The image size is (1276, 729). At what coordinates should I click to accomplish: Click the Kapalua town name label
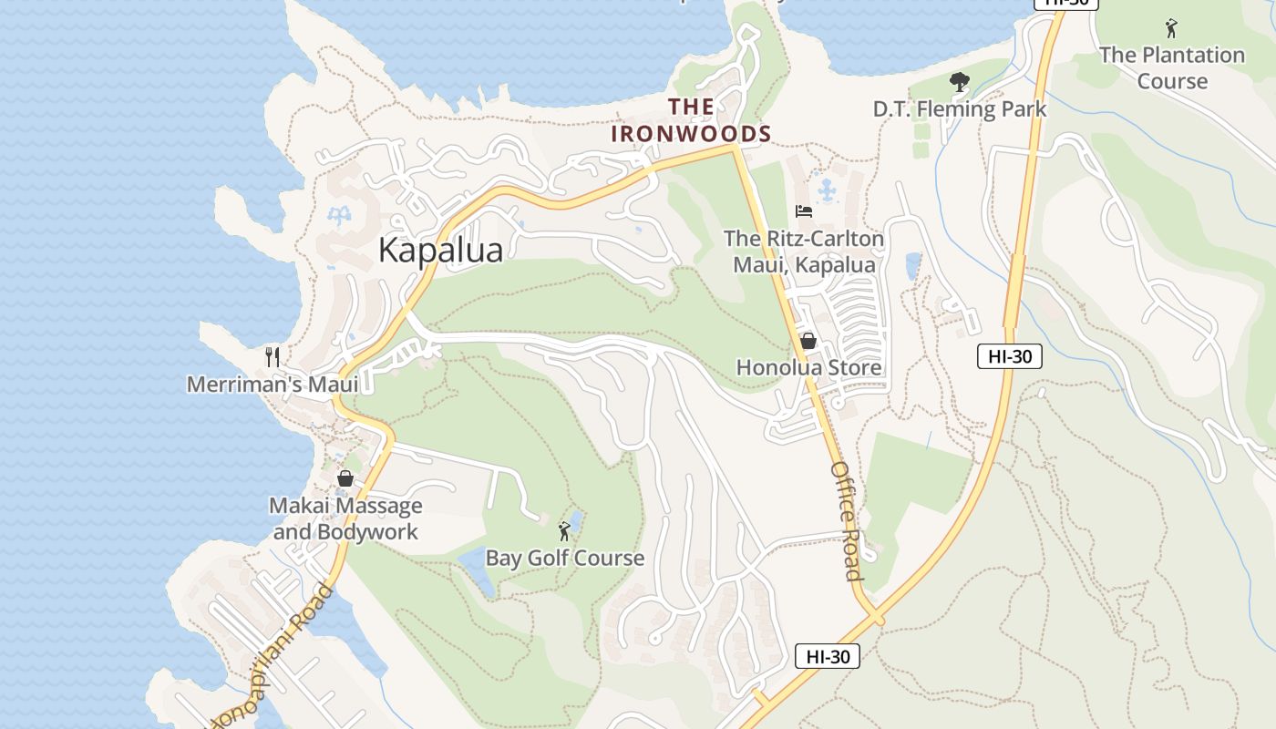pos(440,250)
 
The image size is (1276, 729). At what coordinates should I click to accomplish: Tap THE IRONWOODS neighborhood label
pos(691,120)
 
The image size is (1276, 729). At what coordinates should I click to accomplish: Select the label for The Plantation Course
pos(1171,68)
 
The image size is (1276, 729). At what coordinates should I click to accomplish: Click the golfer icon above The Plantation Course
pos(1171,28)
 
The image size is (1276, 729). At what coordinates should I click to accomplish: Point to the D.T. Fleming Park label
pos(959,109)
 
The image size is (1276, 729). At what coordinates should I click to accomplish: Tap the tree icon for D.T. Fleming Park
pos(959,83)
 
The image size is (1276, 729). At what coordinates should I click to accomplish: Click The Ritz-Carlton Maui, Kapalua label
pos(803,252)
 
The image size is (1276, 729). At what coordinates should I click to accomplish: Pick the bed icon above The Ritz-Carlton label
pos(803,211)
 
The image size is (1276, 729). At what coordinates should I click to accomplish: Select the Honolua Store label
pos(808,367)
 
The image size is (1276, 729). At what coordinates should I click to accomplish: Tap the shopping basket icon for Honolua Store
pos(808,341)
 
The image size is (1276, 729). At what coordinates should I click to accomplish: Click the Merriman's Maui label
pos(272,385)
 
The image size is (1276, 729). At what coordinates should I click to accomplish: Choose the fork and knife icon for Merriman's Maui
pos(272,355)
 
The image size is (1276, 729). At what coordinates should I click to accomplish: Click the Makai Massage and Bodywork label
pos(345,519)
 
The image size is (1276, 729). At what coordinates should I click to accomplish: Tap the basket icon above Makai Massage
pos(345,478)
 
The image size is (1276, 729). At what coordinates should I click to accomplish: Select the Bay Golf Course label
pos(564,558)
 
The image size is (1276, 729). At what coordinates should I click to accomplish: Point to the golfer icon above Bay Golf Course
pos(564,530)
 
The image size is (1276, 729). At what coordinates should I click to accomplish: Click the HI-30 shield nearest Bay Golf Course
pos(827,656)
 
